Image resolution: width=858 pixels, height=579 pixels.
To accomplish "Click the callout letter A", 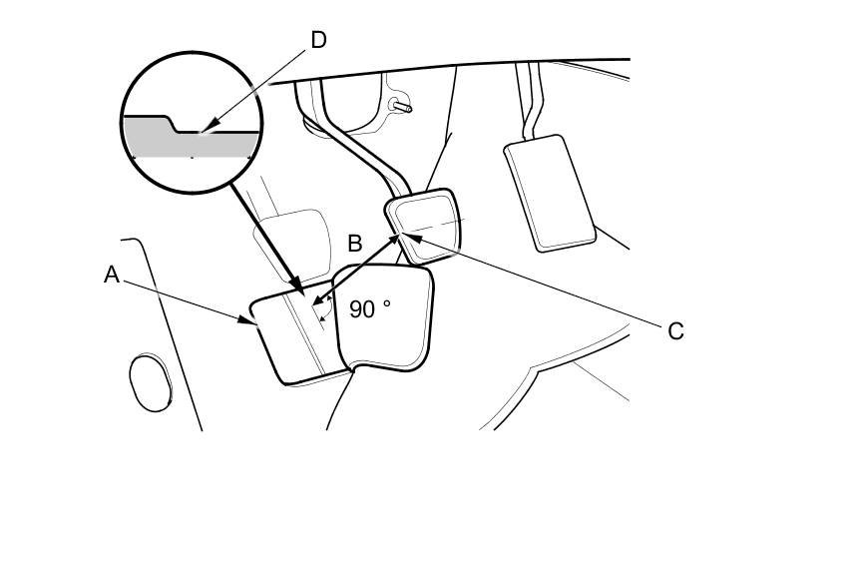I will (112, 275).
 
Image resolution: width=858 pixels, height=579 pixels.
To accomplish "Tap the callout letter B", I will (354, 244).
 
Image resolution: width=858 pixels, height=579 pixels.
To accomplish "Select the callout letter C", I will (675, 331).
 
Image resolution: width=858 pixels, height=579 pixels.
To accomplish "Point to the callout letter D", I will (318, 40).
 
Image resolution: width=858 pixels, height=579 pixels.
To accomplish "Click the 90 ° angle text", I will (369, 309).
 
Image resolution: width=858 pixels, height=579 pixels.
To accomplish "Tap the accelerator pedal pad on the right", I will (550, 192).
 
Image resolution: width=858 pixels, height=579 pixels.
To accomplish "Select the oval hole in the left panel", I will (151, 381).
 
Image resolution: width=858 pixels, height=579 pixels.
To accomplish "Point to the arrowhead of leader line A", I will (255, 321).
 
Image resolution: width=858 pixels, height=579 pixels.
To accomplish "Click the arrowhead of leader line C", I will (399, 236).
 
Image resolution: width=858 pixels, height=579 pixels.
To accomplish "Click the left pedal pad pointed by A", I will (289, 339).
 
